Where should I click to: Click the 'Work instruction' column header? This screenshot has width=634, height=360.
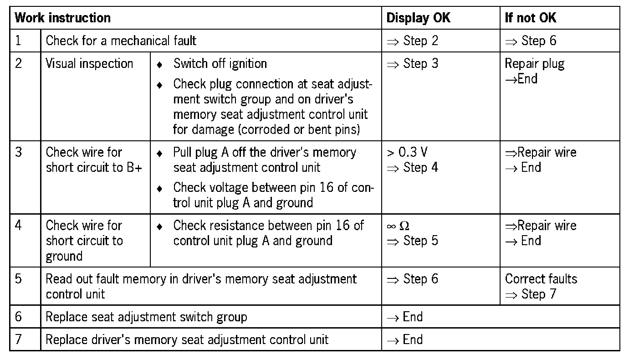(x=62, y=18)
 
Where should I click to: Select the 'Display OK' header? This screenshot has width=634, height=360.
(x=418, y=18)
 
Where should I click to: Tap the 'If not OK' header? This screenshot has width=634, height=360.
(x=530, y=18)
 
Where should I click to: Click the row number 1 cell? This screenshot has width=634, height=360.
(x=18, y=41)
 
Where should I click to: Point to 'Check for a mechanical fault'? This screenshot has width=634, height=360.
(x=121, y=41)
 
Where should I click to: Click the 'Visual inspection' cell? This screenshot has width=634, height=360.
(x=89, y=63)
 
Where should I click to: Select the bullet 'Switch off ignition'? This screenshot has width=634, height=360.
(x=220, y=63)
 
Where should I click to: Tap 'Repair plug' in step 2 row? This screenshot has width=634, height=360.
(x=534, y=64)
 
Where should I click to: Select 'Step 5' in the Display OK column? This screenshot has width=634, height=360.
(x=420, y=241)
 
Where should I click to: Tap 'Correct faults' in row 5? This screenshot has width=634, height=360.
(x=541, y=279)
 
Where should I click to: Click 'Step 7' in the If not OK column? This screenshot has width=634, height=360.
(x=538, y=294)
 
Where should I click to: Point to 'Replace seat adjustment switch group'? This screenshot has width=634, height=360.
(x=146, y=317)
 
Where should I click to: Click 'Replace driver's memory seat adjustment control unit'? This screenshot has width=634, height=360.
(x=187, y=339)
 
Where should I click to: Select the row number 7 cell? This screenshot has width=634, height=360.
(x=18, y=339)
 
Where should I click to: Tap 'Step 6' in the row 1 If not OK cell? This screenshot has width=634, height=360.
(x=538, y=41)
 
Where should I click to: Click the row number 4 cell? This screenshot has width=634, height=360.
(x=18, y=226)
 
